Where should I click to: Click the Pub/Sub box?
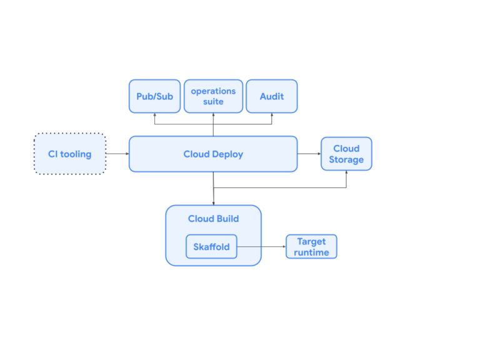(x=154, y=96)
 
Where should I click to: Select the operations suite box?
(x=213, y=96)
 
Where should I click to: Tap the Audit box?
(x=271, y=96)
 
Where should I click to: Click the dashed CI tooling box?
(x=70, y=154)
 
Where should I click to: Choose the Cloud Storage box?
(x=346, y=154)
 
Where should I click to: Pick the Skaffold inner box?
(x=211, y=247)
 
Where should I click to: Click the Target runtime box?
(x=311, y=247)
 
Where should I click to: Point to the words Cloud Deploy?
(x=213, y=154)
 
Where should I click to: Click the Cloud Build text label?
(x=213, y=219)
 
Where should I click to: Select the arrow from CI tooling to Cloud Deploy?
(x=117, y=154)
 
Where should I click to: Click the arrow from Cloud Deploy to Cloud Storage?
(x=309, y=154)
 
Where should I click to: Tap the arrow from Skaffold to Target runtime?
(x=261, y=247)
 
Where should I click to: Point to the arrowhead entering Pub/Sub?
(x=154, y=116)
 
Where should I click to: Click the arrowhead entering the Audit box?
(x=271, y=116)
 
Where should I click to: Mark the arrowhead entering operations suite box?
(x=213, y=116)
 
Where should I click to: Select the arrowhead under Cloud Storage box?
(x=346, y=173)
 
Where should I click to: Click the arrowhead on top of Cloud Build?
(x=214, y=202)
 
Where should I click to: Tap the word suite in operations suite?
(x=213, y=102)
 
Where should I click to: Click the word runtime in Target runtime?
(x=311, y=252)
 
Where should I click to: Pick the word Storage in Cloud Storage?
(x=346, y=160)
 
